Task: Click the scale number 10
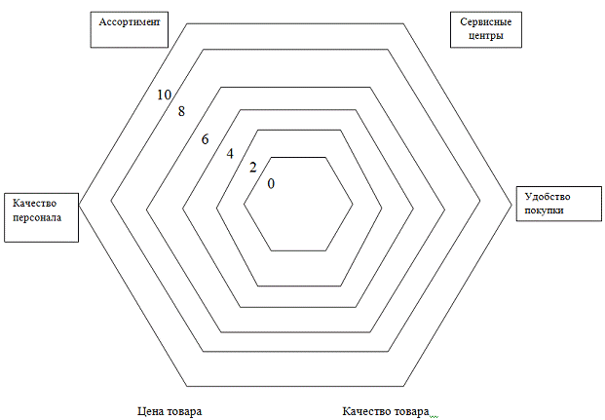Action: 164,95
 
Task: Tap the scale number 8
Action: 181,111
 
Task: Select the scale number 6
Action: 205,139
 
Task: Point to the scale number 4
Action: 230,154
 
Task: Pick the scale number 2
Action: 252,168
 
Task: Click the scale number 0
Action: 271,184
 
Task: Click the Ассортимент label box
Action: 130,30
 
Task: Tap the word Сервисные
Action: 486,21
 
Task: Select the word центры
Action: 486,36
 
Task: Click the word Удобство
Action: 548,197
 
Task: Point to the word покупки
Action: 544,210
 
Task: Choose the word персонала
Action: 37,217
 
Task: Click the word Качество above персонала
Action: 34,203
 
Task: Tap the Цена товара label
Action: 170,411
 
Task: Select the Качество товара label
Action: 386,411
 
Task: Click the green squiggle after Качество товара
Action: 435,417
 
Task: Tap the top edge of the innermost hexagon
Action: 299,158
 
